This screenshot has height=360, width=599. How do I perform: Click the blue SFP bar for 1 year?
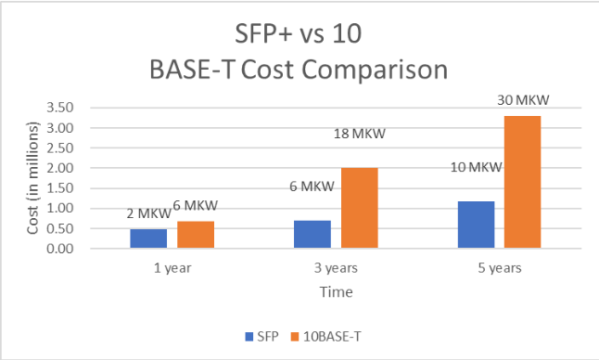147,238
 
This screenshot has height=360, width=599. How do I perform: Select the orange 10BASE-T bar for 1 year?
196,235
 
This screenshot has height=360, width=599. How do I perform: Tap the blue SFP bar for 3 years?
312,234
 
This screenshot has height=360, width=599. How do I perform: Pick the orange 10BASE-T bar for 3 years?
360,208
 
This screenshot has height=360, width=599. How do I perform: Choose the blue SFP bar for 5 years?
476,225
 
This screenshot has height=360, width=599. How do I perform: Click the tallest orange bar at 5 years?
524,182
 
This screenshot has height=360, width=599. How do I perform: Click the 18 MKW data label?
359,134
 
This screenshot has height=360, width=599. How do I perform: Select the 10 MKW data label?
476,168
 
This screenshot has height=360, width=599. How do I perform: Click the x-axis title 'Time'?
335,291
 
